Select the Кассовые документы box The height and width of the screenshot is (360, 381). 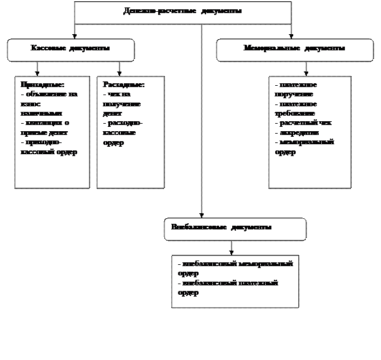coord(70,50)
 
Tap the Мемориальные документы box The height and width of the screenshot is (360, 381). coord(294,50)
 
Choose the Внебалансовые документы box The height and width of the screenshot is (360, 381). coord(235,229)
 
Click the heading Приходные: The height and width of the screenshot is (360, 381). coord(42,85)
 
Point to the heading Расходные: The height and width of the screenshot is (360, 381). coord(124,85)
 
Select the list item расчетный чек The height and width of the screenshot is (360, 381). coord(303,123)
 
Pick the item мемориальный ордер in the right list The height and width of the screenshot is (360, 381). coord(304,147)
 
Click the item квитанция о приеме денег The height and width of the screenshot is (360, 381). coord(44,128)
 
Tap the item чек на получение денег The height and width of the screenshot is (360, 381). coord(121,104)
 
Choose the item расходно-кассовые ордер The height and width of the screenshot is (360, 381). coord(123,132)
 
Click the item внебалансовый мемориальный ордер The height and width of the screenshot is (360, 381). coord(234,269)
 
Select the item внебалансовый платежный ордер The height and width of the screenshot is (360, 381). coord(227,287)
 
